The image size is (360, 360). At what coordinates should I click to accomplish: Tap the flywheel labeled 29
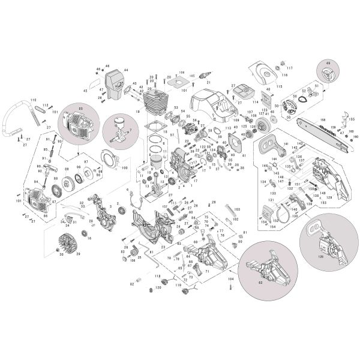(x=67, y=244)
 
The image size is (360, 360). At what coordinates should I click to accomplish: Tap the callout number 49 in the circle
(x=328, y=63)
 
